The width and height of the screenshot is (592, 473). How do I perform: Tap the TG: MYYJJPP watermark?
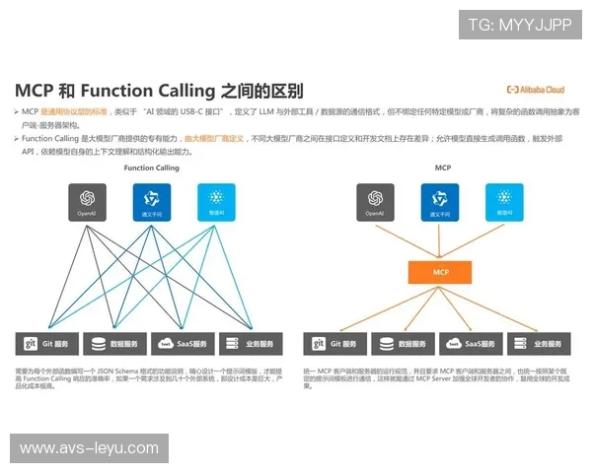(x=519, y=25)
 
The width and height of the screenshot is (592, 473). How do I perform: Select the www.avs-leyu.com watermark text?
(x=89, y=448)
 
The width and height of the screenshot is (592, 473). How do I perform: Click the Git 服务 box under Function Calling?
(x=47, y=344)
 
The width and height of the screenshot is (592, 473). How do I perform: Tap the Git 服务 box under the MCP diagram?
(x=335, y=344)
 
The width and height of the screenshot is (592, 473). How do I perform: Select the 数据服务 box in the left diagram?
(x=115, y=344)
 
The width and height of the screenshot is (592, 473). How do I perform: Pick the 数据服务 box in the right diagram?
(x=404, y=344)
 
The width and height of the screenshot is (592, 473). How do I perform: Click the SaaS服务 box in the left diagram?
(x=184, y=344)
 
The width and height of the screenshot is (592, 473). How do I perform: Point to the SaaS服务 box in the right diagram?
(x=471, y=344)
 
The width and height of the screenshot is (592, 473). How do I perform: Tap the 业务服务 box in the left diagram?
(x=251, y=344)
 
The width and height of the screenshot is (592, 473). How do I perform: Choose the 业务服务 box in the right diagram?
(x=539, y=344)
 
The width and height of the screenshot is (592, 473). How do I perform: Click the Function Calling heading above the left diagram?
(x=152, y=169)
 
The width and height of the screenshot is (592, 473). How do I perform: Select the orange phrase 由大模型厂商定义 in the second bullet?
(x=214, y=139)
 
